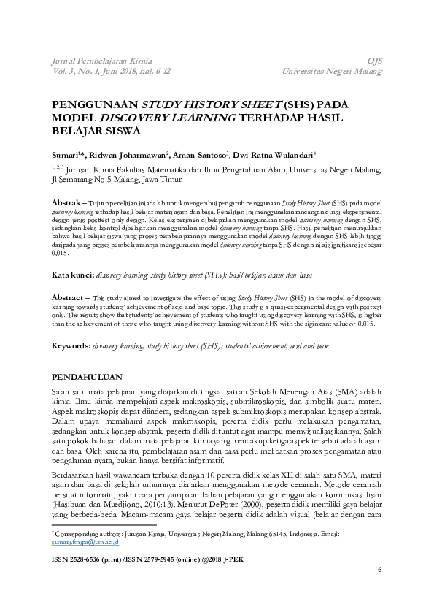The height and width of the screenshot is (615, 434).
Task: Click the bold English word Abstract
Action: point(71,298)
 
